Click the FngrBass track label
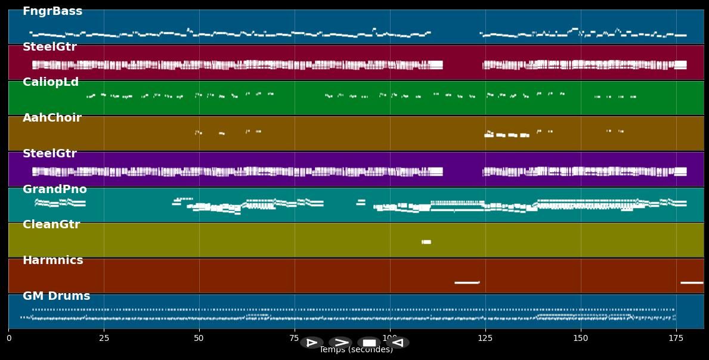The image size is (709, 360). [52, 11]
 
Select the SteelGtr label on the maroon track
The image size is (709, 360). [49, 47]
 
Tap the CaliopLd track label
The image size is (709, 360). [51, 82]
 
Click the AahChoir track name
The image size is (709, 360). [52, 118]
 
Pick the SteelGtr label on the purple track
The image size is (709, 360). [49, 154]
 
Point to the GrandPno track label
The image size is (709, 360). [54, 190]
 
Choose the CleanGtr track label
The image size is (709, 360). [51, 225]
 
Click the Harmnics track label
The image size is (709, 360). [52, 260]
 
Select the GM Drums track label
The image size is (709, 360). [56, 296]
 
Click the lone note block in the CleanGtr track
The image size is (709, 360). [426, 242]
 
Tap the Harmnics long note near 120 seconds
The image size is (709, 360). [467, 283]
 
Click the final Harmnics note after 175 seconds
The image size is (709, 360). [692, 283]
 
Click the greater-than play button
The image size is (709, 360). [340, 343]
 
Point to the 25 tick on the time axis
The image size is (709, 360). [104, 338]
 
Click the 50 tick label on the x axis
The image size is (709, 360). [199, 338]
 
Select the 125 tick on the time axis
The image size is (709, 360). [485, 338]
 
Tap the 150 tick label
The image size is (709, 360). [580, 338]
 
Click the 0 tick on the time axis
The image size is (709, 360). [8, 338]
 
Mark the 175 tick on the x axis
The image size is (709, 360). [676, 338]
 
